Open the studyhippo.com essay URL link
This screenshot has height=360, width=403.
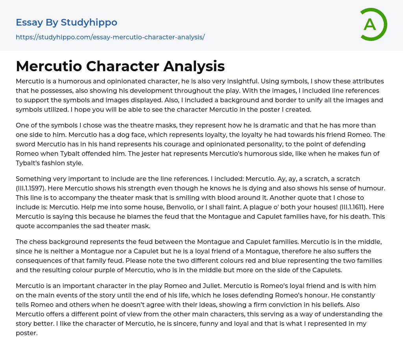pos(110,37)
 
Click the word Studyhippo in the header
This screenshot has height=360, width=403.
pos(89,22)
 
